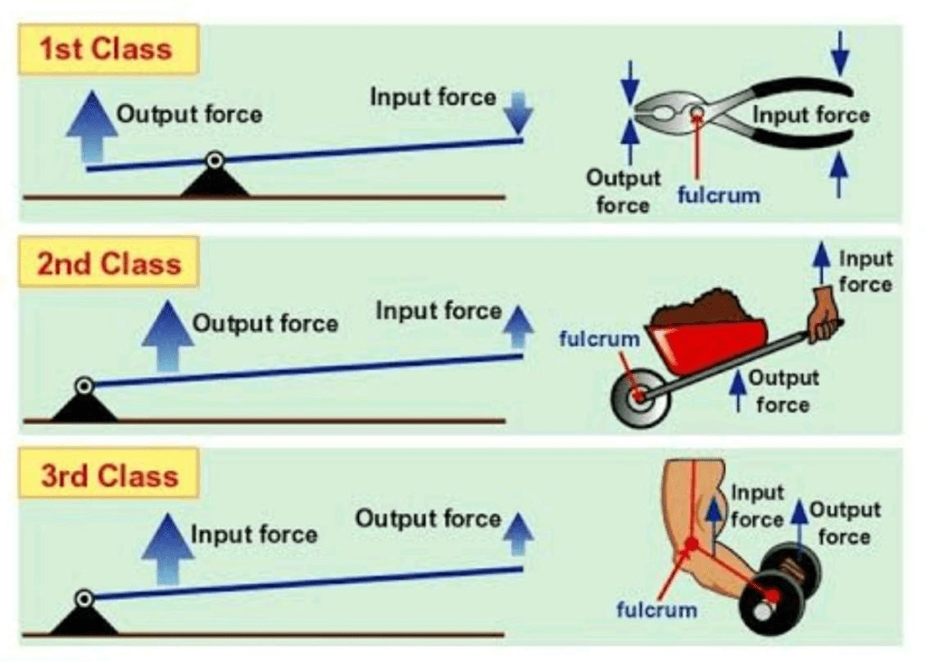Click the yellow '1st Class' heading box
tap(107, 50)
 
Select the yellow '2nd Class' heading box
tap(107, 263)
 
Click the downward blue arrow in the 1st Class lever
tap(517, 113)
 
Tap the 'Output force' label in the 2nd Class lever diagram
tap(265, 324)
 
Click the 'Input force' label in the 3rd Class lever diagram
tap(253, 534)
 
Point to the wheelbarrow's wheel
tap(640, 396)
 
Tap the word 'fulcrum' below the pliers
tap(719, 194)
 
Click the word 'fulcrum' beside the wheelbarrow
tap(600, 339)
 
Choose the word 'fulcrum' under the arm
tap(657, 609)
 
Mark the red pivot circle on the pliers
tap(697, 114)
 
